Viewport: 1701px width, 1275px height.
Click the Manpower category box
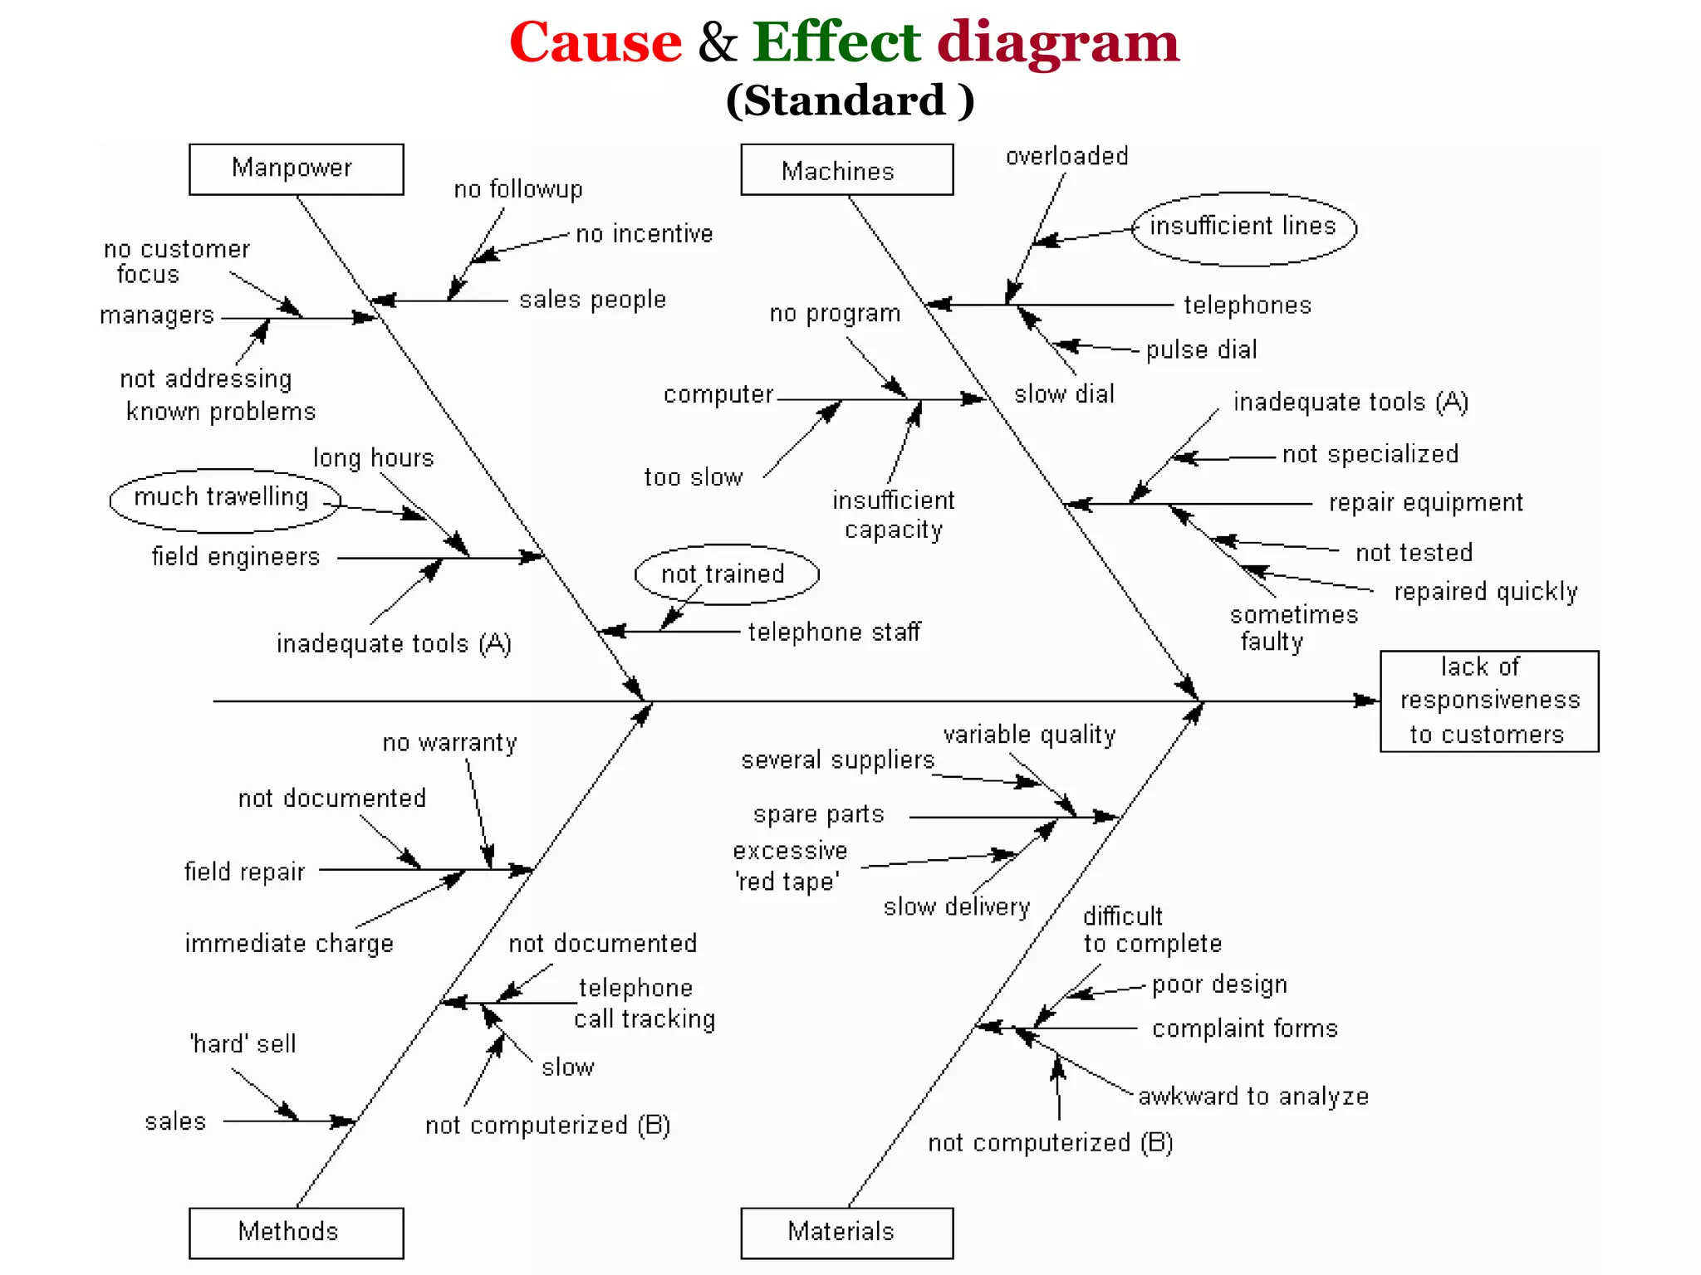(x=296, y=169)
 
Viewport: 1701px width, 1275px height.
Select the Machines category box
(x=846, y=170)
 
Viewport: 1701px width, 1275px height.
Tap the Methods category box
(x=296, y=1232)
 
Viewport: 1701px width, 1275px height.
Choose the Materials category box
(x=846, y=1232)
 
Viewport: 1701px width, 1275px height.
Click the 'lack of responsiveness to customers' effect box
(x=1488, y=701)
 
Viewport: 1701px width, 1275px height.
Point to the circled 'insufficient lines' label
(x=1243, y=227)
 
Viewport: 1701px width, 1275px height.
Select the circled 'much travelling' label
(x=223, y=498)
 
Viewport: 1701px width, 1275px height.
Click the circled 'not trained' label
(x=725, y=574)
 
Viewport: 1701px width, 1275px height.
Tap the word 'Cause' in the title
(x=596, y=42)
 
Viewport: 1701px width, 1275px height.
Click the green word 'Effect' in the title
(x=836, y=42)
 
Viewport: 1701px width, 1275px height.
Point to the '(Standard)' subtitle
(x=850, y=101)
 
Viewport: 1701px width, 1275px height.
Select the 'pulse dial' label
(x=1201, y=350)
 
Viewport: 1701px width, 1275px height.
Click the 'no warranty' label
(x=449, y=743)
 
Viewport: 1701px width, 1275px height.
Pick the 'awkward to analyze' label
(x=1252, y=1097)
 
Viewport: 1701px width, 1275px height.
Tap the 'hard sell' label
(x=243, y=1044)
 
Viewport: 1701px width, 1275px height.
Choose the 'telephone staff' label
(x=834, y=633)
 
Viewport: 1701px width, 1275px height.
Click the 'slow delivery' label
(x=956, y=907)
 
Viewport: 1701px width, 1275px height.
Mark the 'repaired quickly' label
(x=1485, y=592)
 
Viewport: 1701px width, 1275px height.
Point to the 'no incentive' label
(x=644, y=235)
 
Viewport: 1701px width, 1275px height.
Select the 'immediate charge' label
(x=288, y=945)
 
